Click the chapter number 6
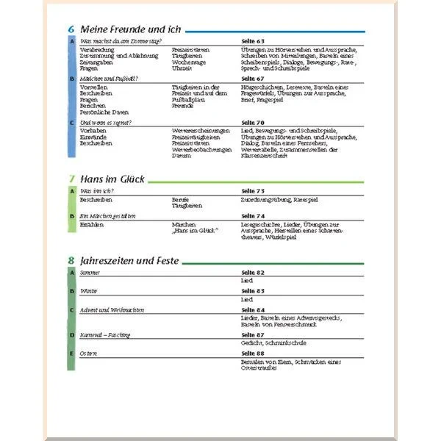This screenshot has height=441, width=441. pyautogui.click(x=71, y=29)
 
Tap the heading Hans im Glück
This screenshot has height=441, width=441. pyautogui.click(x=108, y=179)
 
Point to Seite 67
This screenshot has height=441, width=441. pyautogui.click(x=253, y=78)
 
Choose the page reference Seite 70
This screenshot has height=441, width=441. pyautogui.click(x=253, y=122)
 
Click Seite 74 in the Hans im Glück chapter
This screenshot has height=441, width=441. pyautogui.click(x=253, y=216)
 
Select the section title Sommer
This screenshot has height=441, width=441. pyautogui.click(x=90, y=273)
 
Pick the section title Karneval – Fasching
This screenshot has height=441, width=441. pyautogui.click(x=105, y=335)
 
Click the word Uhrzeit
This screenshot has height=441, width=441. pyautogui.click(x=182, y=68)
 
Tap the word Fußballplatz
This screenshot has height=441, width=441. pyautogui.click(x=188, y=99)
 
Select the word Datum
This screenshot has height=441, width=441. pyautogui.click(x=181, y=156)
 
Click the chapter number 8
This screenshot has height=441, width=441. pyautogui.click(x=71, y=260)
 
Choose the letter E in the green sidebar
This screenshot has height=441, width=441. pyautogui.click(x=71, y=354)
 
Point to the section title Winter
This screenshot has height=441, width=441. pyautogui.click(x=88, y=291)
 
